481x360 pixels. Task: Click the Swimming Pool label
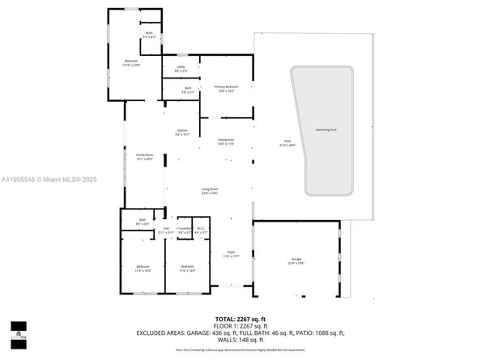click(x=328, y=129)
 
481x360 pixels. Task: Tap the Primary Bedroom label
click(x=224, y=87)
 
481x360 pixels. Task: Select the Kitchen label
click(x=183, y=131)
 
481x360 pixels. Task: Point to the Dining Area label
click(x=225, y=140)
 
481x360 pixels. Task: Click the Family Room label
click(x=144, y=155)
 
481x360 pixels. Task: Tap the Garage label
click(x=296, y=260)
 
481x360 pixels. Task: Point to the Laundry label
click(x=185, y=229)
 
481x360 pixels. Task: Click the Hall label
click(x=166, y=229)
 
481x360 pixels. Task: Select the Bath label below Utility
click(x=188, y=89)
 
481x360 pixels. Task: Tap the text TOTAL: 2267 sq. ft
click(x=240, y=318)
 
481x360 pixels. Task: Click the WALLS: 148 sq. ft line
click(x=240, y=340)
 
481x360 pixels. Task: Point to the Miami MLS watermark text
click(x=40, y=180)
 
